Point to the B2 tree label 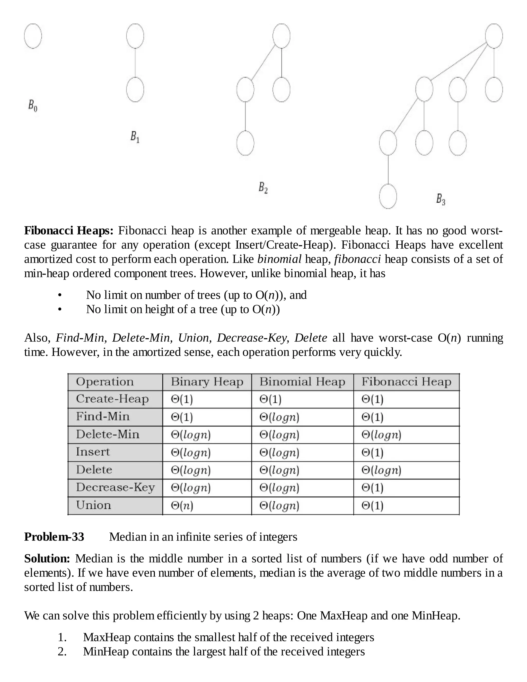coord(263,188)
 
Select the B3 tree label coord(441,199)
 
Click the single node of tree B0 coord(33,36)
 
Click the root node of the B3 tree coord(494,36)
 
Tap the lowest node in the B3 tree coord(388,196)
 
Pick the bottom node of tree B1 coord(135,90)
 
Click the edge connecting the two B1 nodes coord(135,63)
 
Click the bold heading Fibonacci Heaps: coord(69,231)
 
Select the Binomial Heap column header coord(302,382)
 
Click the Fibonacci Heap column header coord(406,382)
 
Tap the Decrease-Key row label coord(115,487)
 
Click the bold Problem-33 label coord(54,537)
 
